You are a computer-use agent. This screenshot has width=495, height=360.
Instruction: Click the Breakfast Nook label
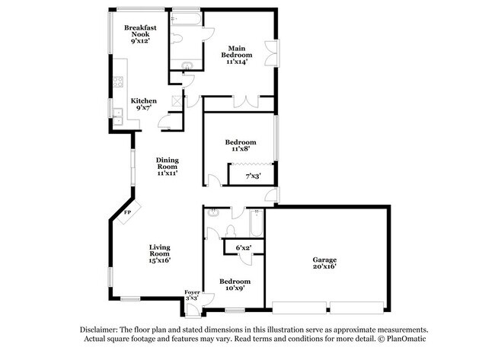[x=140, y=32]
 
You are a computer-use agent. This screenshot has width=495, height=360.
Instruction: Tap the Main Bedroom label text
[x=237, y=56]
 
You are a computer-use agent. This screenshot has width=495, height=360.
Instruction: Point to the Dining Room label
[x=167, y=166]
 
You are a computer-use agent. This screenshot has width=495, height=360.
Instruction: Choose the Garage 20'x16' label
[x=324, y=263]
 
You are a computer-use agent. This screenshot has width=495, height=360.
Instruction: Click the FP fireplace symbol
[x=128, y=214]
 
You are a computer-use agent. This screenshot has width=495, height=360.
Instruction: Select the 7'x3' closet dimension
[x=253, y=177]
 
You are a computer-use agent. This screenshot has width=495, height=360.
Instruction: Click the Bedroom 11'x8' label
[x=240, y=146]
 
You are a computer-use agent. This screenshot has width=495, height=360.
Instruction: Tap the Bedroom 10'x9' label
[x=235, y=285]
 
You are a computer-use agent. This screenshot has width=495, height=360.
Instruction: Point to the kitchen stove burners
[x=119, y=81]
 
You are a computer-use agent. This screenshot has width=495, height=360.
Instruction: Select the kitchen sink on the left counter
[x=118, y=116]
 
